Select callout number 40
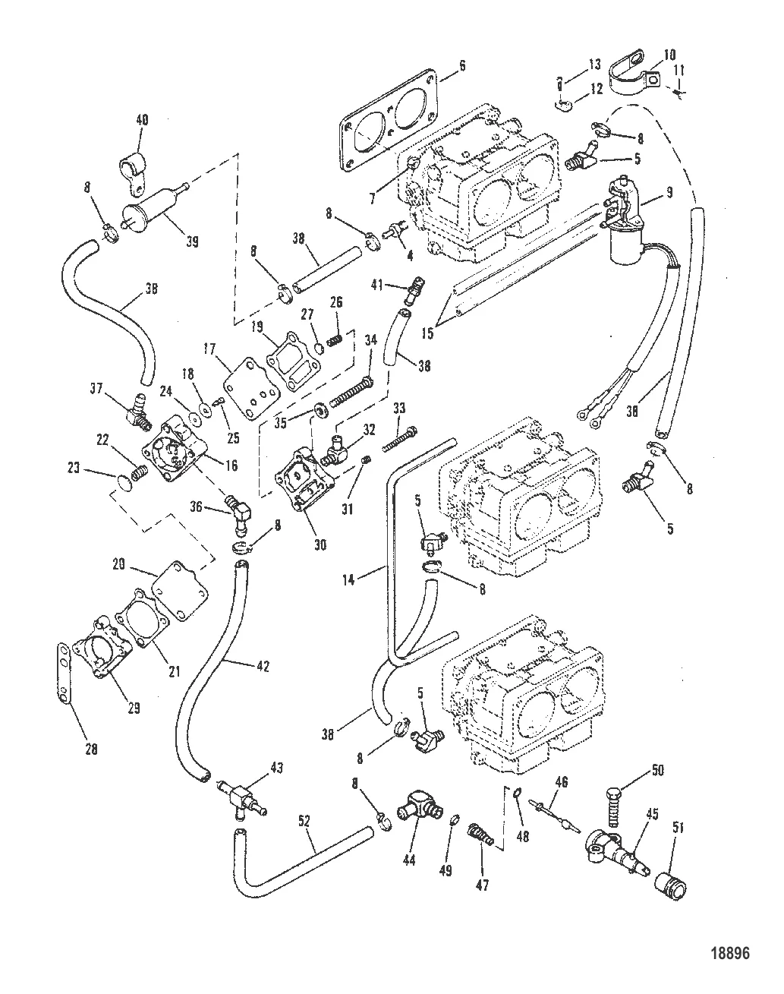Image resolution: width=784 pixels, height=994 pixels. (142, 119)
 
